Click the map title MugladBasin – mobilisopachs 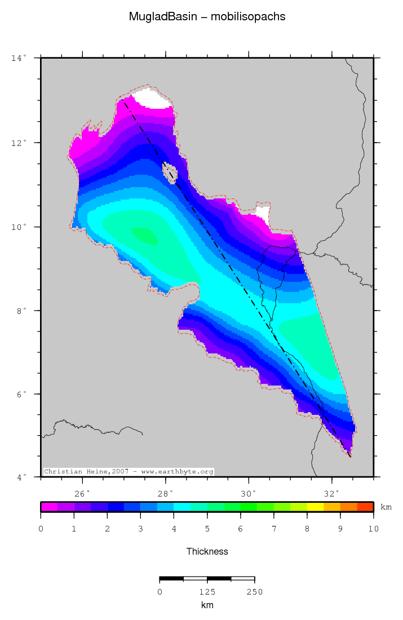[x=207, y=17]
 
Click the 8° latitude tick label [x=20, y=311]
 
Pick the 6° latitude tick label [x=20, y=394]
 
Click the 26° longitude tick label [x=82, y=494]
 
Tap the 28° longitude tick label [x=165, y=494]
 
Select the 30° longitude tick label [x=248, y=494]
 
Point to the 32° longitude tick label [x=331, y=494]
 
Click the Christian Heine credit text [x=129, y=471]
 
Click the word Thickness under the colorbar [x=207, y=551]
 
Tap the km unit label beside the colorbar [x=386, y=507]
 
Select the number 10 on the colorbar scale [x=373, y=529]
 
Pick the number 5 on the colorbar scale [x=207, y=529]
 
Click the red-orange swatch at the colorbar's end [x=365, y=507]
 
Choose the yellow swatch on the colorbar [x=315, y=507]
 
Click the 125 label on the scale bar [x=207, y=592]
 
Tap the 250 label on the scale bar [x=254, y=592]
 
